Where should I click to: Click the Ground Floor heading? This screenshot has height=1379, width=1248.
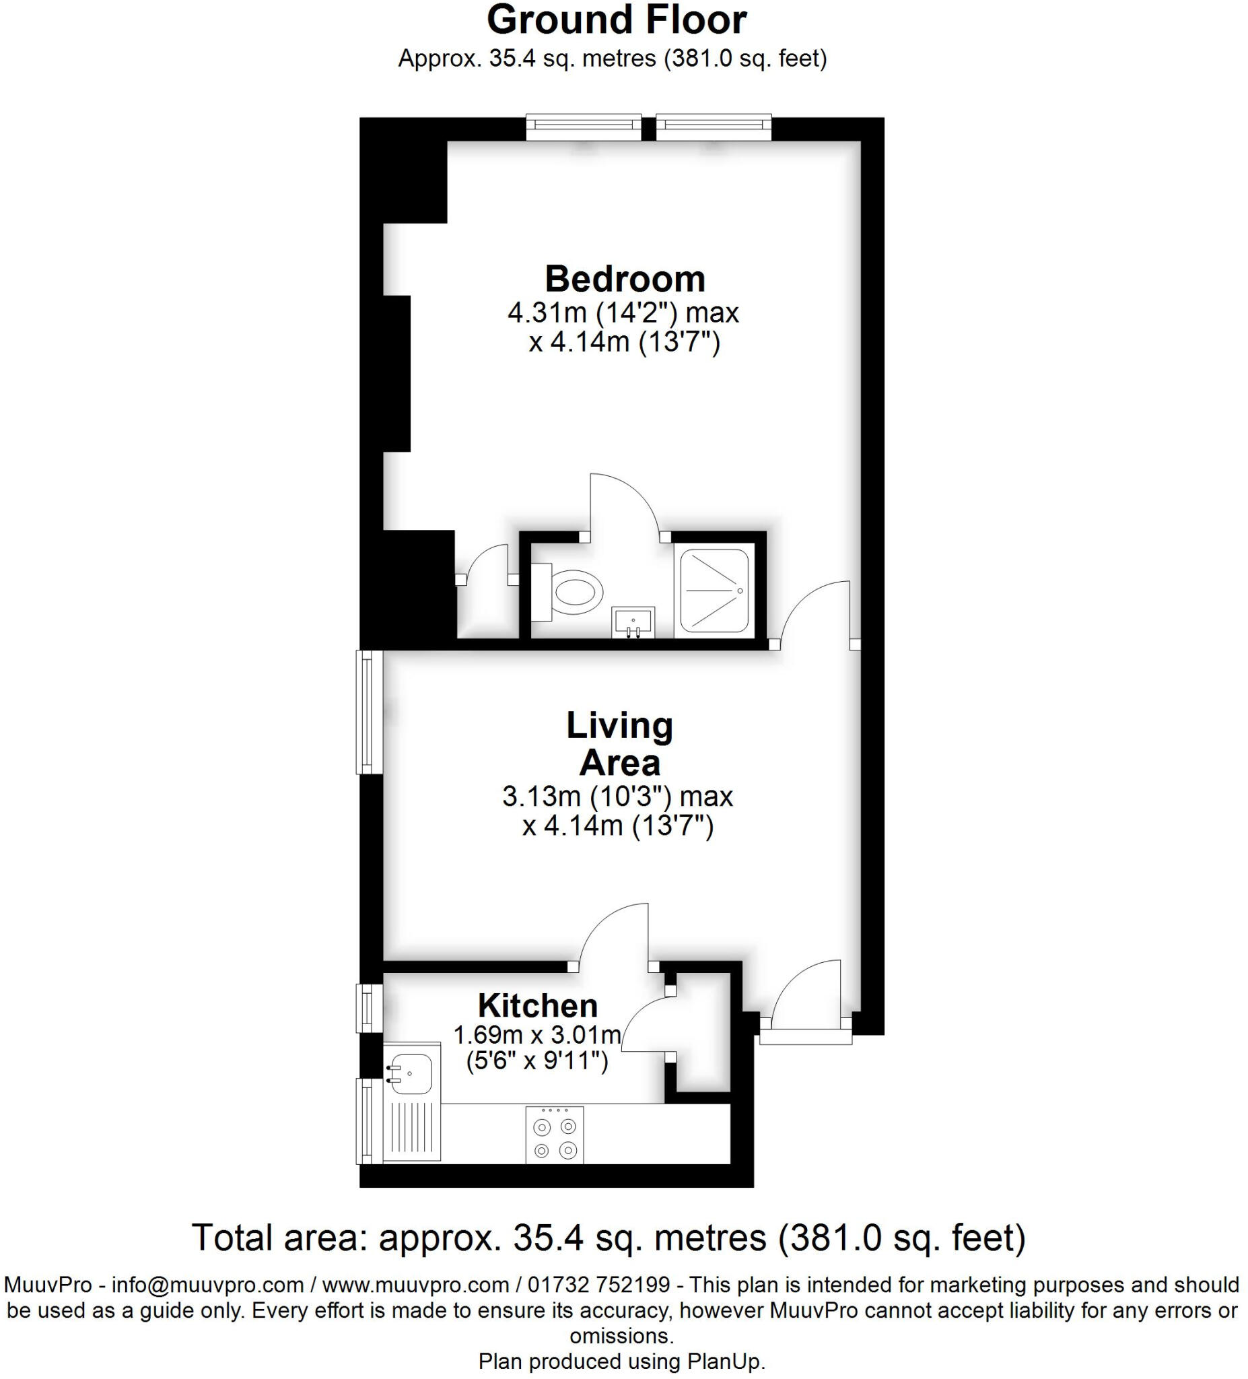616,20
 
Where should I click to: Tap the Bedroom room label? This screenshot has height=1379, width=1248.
625,279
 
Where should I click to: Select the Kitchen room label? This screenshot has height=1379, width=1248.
537,1005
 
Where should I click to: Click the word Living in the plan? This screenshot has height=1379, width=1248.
619,726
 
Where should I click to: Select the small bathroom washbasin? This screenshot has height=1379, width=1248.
634,621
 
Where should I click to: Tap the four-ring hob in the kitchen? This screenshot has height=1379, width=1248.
555,1134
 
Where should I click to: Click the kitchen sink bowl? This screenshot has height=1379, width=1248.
409,1073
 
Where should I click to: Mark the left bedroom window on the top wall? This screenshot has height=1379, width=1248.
584,128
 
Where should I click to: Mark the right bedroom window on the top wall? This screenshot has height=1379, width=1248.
714,128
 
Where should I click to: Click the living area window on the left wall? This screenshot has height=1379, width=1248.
369,712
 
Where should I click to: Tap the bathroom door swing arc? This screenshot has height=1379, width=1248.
623,505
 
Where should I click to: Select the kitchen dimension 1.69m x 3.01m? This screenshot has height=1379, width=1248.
537,1035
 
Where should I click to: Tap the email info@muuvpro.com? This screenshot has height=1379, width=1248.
207,1285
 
